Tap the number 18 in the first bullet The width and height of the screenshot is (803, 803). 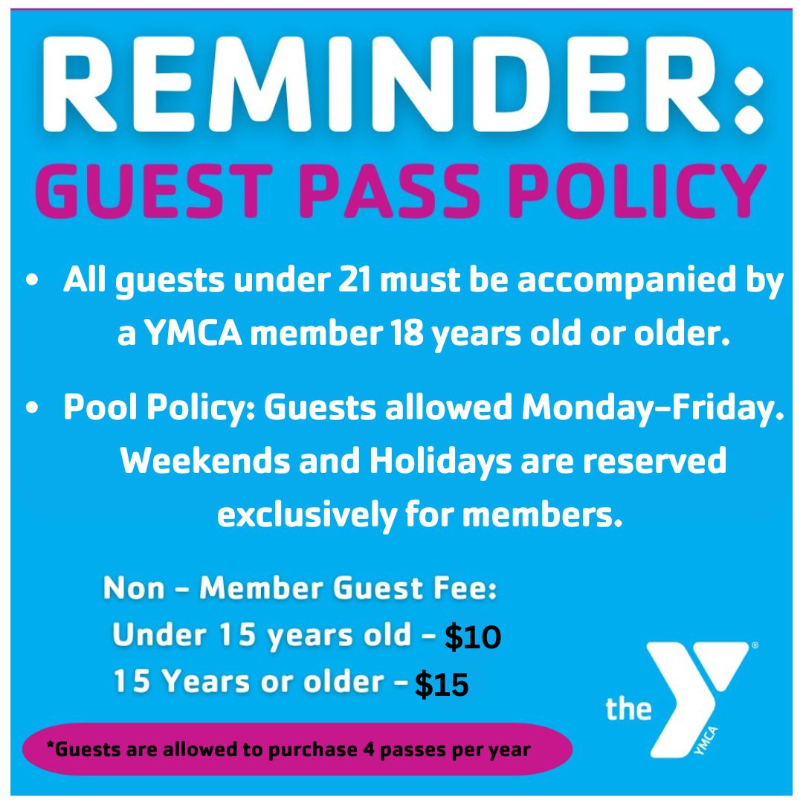click(x=406, y=335)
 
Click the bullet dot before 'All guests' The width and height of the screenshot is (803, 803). click(x=32, y=282)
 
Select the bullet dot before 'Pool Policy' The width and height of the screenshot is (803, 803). click(x=32, y=408)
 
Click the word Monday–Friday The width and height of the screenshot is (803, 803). click(x=653, y=407)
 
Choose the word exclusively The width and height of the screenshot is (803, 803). click(x=306, y=515)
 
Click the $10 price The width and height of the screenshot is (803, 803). click(x=473, y=638)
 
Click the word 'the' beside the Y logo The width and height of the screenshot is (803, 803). click(x=628, y=709)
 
